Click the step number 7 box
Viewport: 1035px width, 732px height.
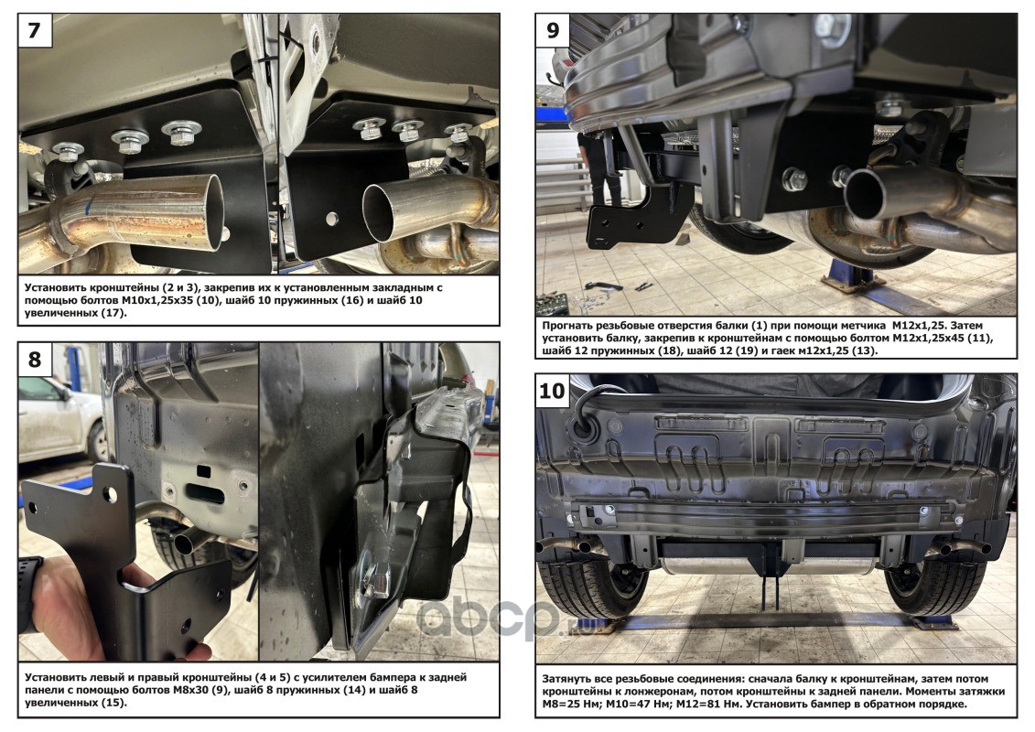[35, 30]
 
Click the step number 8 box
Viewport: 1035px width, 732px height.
[35, 359]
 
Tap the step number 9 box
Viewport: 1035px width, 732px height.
[553, 30]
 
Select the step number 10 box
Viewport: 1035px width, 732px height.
[553, 391]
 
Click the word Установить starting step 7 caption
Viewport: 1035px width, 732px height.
[55, 288]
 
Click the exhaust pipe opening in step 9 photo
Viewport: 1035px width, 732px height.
[865, 193]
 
